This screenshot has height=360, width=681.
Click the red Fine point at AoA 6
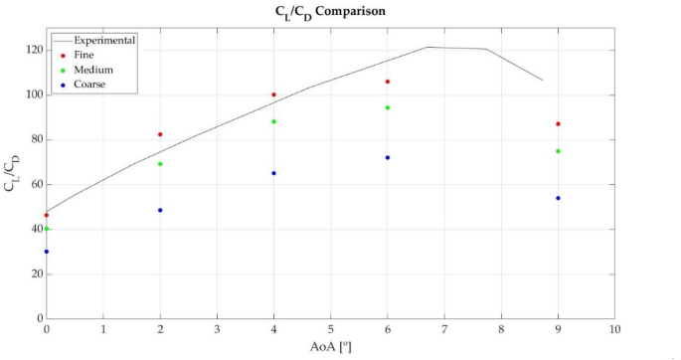point(388,82)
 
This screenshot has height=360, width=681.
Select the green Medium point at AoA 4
point(273,121)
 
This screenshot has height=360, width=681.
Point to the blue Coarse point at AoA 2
point(160,210)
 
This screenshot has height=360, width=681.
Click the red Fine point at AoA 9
point(558,124)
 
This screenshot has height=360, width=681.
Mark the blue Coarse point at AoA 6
point(388,157)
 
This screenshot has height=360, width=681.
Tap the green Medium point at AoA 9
point(558,151)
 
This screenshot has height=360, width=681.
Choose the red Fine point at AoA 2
point(160,134)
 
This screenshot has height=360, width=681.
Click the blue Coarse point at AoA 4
point(273,173)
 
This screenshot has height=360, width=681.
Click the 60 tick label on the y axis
point(36,184)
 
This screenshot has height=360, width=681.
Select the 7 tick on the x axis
point(444,329)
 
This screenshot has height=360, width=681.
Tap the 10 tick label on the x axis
point(615,329)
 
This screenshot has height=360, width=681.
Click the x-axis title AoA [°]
point(331,346)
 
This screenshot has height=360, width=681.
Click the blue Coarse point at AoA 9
point(558,198)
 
